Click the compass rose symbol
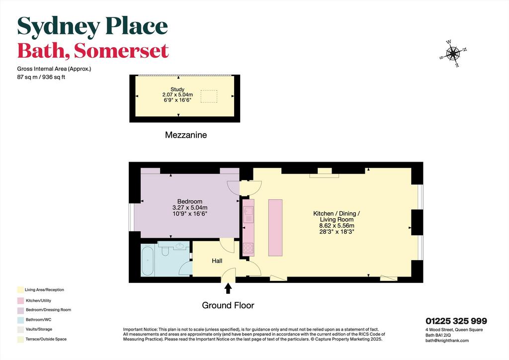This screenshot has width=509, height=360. (453, 54)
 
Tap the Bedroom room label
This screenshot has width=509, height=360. (189, 201)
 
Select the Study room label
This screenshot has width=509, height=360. (177, 90)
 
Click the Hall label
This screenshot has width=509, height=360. (217, 261)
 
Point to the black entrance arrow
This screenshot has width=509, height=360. (228, 288)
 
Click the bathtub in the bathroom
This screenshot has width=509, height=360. (148, 261)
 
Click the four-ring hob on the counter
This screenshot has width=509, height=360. (249, 248)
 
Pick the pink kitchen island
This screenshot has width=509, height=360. (275, 228)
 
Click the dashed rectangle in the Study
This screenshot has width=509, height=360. (209, 96)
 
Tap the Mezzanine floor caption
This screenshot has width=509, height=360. (186, 135)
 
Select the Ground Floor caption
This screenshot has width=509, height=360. (228, 305)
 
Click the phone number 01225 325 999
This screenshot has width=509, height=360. (456, 321)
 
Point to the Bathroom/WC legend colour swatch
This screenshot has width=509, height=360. (21, 320)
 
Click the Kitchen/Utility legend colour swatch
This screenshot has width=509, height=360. (21, 301)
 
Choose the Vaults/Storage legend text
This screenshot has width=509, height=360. (39, 329)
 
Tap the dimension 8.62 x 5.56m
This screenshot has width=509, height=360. (337, 226)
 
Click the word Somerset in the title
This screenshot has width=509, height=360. (121, 51)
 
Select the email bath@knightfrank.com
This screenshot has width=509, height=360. (447, 341)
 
